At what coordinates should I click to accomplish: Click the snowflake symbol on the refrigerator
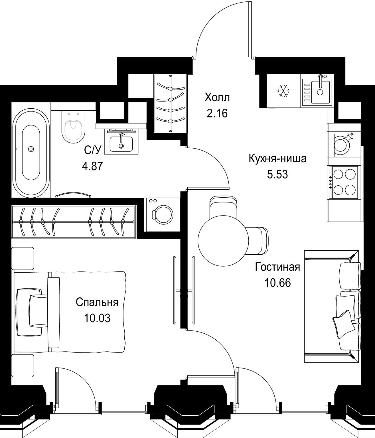(283, 91)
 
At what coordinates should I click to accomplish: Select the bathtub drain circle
(31, 149)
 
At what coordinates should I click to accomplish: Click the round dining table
(223, 240)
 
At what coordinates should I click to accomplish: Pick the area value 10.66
(277, 283)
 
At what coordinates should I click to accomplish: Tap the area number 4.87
(92, 166)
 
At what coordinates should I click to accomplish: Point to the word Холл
(217, 98)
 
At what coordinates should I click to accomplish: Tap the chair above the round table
(223, 208)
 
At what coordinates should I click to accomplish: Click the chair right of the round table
(258, 240)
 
